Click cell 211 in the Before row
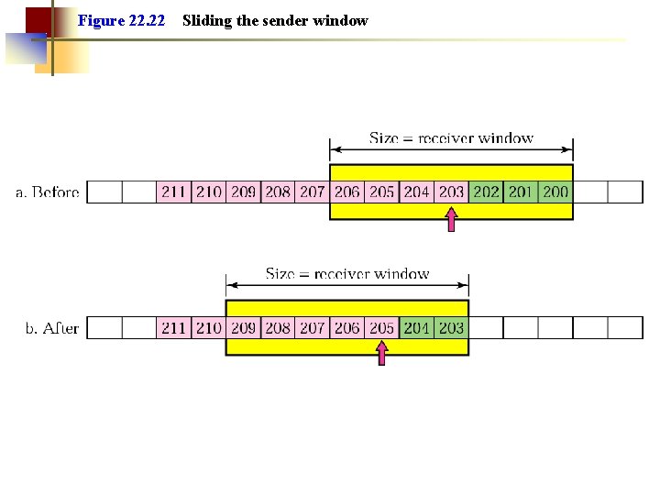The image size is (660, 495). point(174,192)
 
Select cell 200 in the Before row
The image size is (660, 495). point(555,192)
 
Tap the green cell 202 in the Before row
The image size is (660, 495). point(486,192)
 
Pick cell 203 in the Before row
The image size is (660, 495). point(451,192)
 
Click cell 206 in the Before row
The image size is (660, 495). point(346,192)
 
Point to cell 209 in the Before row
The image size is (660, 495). point(243,192)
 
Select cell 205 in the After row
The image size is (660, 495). point(381,327)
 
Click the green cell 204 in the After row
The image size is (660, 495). point(416,327)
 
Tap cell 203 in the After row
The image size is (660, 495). point(451,327)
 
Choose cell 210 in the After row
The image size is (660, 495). point(209,327)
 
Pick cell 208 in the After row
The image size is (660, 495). point(278,327)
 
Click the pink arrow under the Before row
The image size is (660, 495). point(451,220)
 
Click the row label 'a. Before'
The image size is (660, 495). point(48,192)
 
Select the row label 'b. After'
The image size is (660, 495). point(52,328)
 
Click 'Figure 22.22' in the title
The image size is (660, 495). point(122,20)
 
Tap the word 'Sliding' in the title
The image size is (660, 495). point(206,20)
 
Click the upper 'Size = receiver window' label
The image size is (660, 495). point(451,138)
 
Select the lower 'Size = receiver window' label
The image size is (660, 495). point(347,273)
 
